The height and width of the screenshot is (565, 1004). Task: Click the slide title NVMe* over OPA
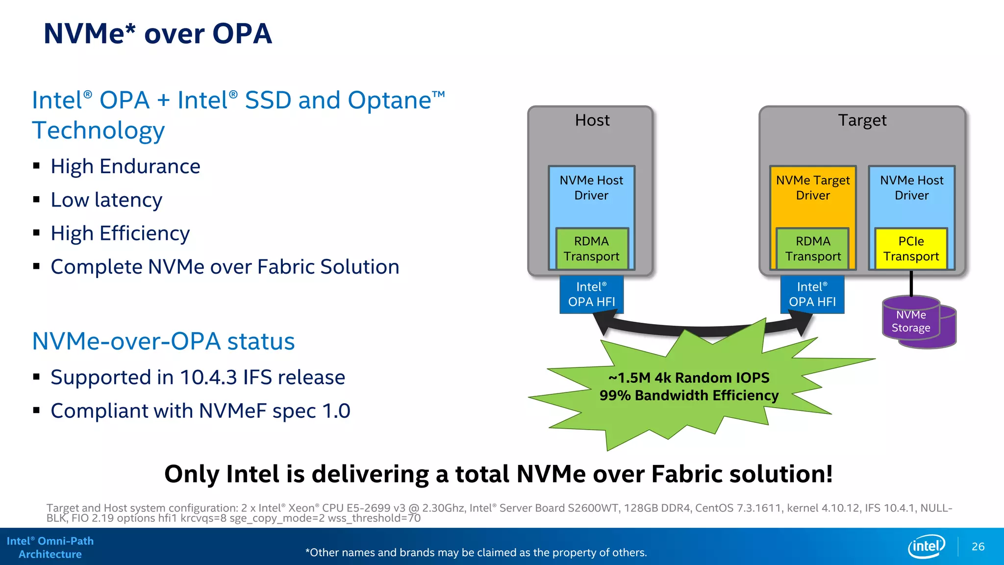(x=157, y=34)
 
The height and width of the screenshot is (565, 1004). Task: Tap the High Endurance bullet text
(x=125, y=167)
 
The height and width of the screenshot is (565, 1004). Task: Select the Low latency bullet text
(x=106, y=200)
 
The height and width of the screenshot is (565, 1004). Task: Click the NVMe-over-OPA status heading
(x=163, y=341)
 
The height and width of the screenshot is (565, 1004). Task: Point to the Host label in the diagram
(x=592, y=120)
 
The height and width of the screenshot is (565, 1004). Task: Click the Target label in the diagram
(x=862, y=120)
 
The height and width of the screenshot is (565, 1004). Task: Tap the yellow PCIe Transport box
(x=911, y=249)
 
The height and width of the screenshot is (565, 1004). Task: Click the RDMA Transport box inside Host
(x=591, y=249)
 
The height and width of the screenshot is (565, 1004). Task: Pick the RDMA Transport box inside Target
(x=813, y=249)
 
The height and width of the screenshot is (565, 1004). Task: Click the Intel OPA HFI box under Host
(x=591, y=294)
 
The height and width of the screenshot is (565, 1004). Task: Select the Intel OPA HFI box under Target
(x=812, y=294)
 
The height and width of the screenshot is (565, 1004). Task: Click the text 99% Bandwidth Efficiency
(x=689, y=395)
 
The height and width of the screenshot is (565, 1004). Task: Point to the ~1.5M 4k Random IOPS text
(x=689, y=378)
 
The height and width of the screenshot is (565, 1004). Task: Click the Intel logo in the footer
(x=926, y=546)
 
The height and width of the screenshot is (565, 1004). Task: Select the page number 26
(x=978, y=546)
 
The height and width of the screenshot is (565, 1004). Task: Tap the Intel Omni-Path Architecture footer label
(x=50, y=547)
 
